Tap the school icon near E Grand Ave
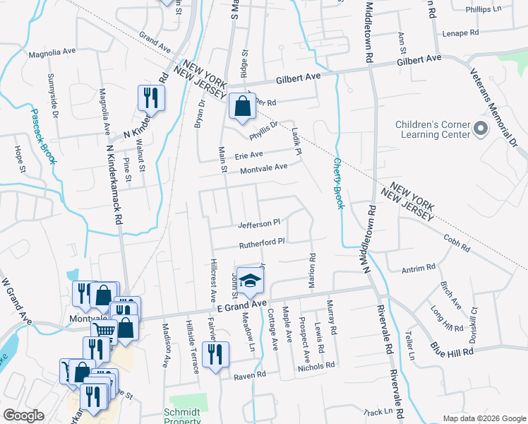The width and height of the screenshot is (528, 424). coord(248,281)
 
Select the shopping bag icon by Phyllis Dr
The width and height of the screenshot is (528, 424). coord(241,107)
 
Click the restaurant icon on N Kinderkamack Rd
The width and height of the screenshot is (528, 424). coord(150,98)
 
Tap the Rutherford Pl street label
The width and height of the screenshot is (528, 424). coord(261,242)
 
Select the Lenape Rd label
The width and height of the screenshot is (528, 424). coord(460,33)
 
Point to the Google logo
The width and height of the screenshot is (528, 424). coord(23,415)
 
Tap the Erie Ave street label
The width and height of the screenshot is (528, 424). coord(248,154)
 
